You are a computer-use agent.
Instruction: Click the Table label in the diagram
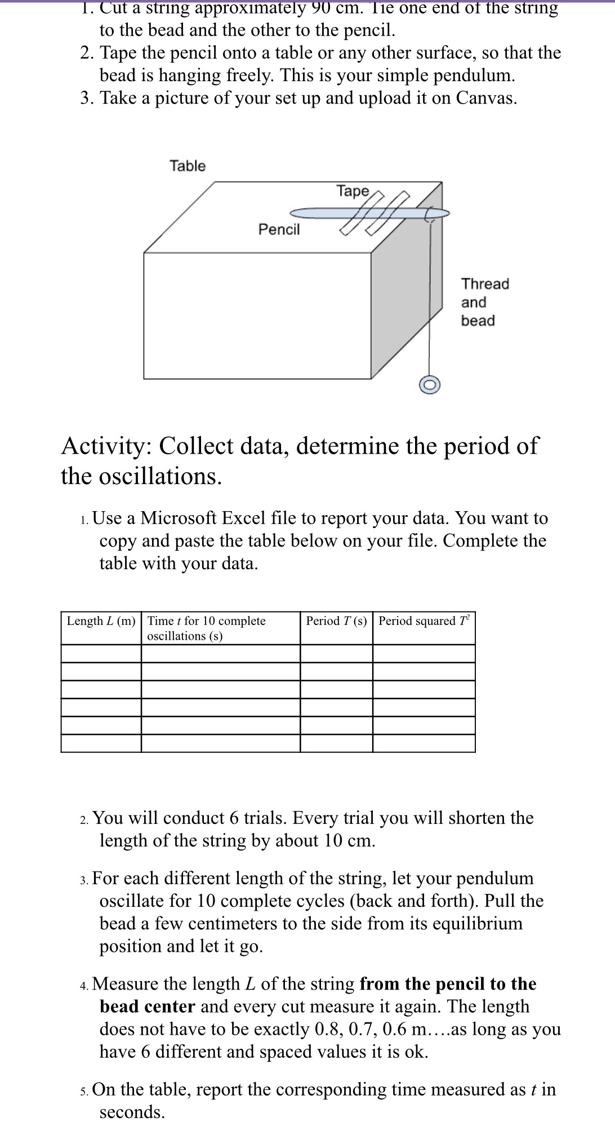188,166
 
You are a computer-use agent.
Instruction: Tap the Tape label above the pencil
353,191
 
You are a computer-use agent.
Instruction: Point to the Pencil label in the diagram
279,229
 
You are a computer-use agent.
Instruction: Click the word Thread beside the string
485,283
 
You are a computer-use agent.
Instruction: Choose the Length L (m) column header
101,621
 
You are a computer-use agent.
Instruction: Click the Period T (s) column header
336,621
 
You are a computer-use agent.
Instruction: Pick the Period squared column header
424,621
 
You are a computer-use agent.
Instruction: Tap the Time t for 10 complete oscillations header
206,628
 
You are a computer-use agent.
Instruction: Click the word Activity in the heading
106,446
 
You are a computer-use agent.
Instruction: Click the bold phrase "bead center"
148,1006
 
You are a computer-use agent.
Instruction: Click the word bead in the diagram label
478,321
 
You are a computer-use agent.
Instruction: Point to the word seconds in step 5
132,1112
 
